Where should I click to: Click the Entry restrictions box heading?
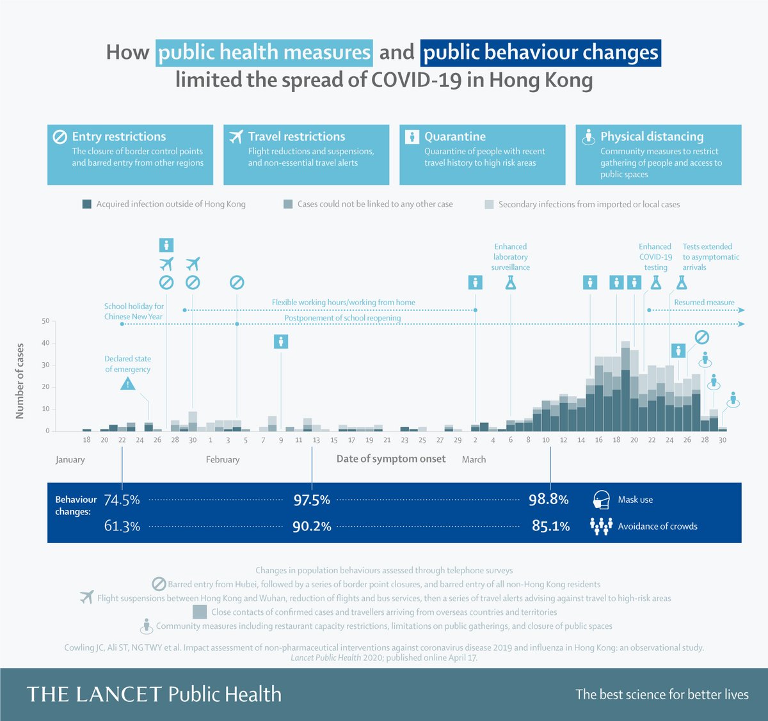[x=118, y=136]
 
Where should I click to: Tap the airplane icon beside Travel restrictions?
[x=236, y=136]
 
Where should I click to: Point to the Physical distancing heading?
[x=652, y=136]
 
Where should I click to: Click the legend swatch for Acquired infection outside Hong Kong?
[x=87, y=204]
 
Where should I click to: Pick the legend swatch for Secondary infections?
[x=489, y=204]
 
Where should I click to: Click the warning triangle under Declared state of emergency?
[x=128, y=383]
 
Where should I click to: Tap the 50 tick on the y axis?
[x=45, y=321]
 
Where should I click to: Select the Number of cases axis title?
[x=20, y=381]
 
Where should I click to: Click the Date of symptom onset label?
[x=391, y=459]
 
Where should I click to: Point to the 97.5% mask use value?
[x=312, y=500]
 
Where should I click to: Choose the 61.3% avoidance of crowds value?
[x=122, y=526]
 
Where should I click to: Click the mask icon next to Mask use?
[x=600, y=500]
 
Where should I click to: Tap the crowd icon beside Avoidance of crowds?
[x=600, y=526]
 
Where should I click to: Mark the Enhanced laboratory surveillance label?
[x=510, y=257]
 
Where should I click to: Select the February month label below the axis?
[x=223, y=459]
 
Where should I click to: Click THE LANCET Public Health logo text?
[x=154, y=694]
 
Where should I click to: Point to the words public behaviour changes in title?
[x=541, y=52]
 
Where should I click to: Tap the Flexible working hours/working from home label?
[x=343, y=302]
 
